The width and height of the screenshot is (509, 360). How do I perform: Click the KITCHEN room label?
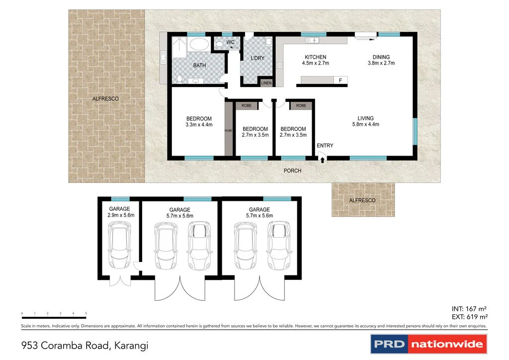click(x=316, y=57)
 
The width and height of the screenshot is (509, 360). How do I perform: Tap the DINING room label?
click(x=378, y=57)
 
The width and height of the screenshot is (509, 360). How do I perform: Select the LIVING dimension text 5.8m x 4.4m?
click(x=365, y=124)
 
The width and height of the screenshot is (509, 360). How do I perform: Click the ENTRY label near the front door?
click(x=325, y=146)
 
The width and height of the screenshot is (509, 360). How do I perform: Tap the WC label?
click(x=230, y=42)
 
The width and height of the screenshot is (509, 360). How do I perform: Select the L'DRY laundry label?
click(x=257, y=58)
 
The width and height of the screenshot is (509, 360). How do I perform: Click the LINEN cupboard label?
click(x=266, y=83)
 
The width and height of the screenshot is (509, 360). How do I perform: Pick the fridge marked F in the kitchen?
click(x=340, y=81)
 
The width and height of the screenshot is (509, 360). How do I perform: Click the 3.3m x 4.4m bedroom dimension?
click(x=199, y=125)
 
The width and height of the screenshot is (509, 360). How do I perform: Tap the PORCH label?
click(x=292, y=171)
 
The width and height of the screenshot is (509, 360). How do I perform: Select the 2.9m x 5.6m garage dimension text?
click(x=121, y=216)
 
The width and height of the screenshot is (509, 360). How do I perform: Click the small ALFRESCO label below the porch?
click(x=362, y=200)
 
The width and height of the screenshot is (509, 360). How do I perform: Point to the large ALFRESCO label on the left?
click(x=105, y=99)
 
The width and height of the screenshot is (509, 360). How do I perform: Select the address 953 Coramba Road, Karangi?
click(x=85, y=345)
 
